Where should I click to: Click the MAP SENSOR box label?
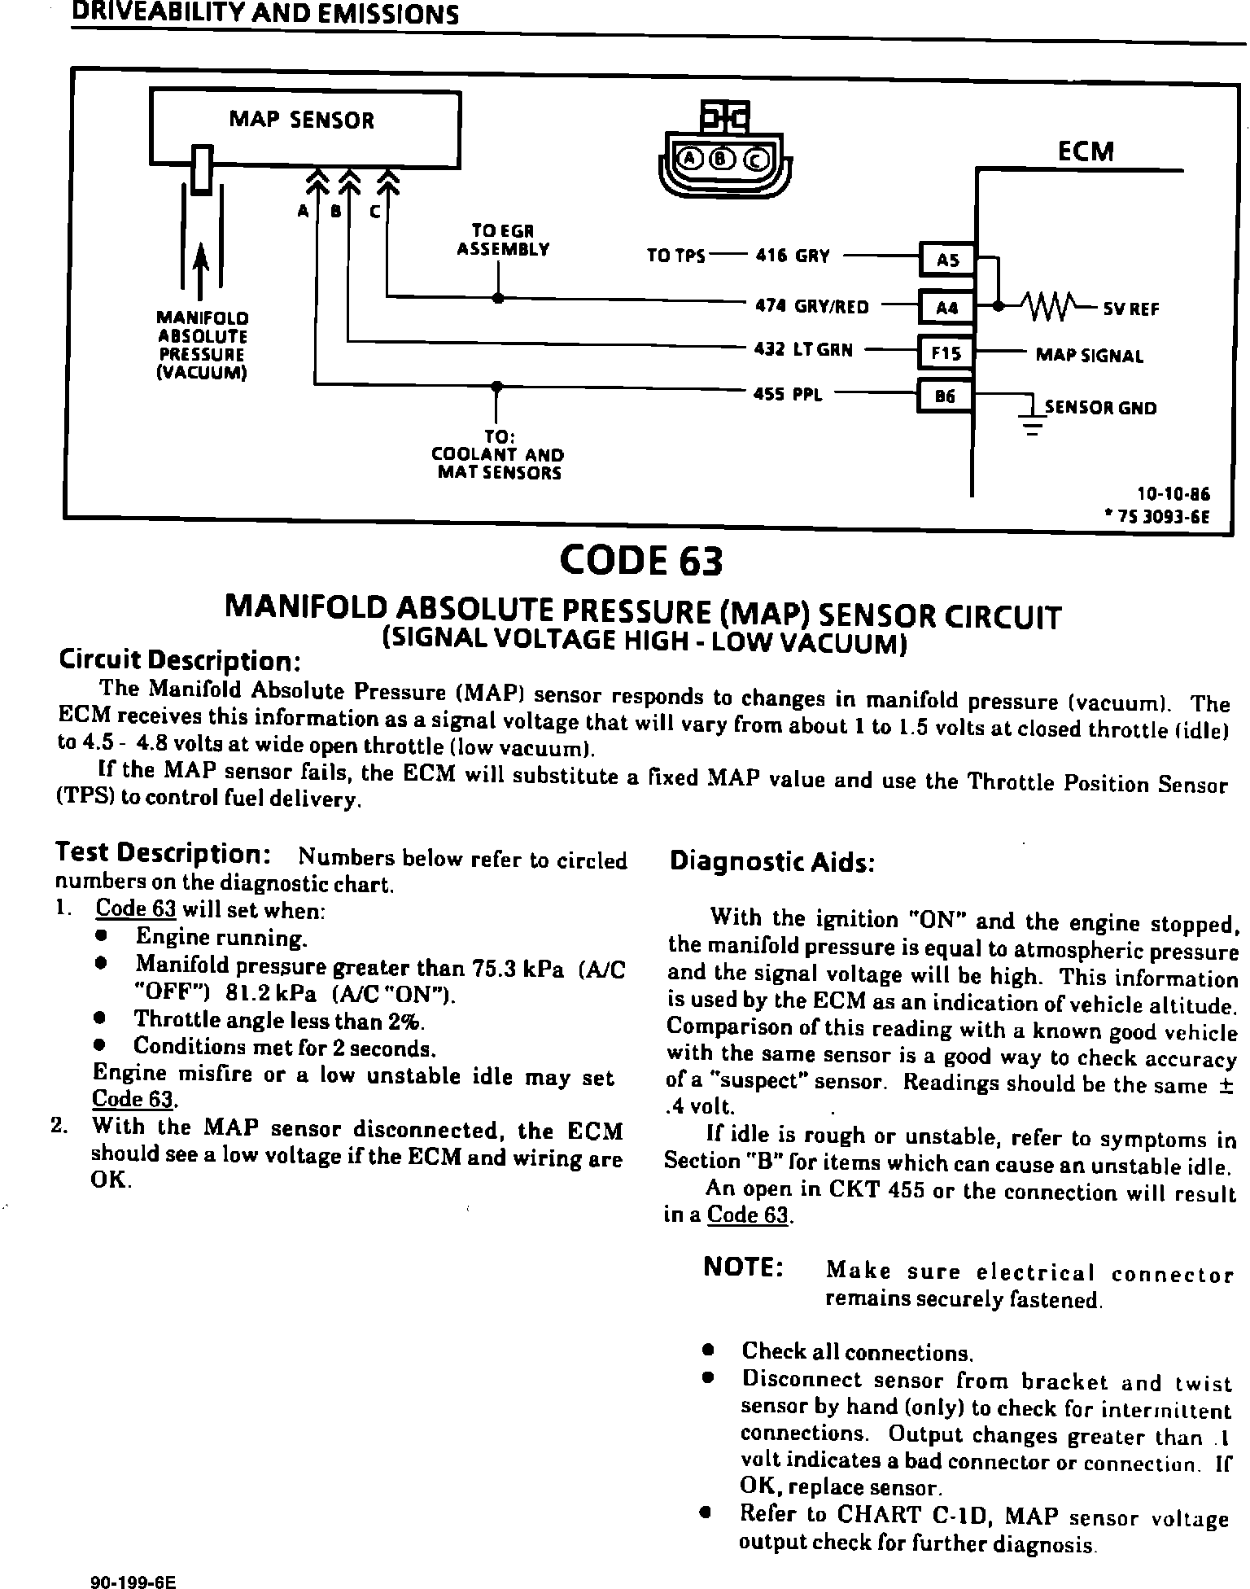(x=301, y=120)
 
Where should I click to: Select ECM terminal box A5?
(x=946, y=260)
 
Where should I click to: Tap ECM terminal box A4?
(x=946, y=308)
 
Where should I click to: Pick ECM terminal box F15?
(x=946, y=353)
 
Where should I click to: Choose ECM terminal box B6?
(x=945, y=397)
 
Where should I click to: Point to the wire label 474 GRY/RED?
(x=811, y=307)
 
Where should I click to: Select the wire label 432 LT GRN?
(x=803, y=350)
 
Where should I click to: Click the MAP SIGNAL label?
(x=1089, y=356)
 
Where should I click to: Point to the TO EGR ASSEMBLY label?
(x=503, y=240)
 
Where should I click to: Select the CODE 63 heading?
(x=640, y=561)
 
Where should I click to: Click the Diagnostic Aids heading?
(x=771, y=862)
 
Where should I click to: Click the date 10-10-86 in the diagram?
(x=1173, y=494)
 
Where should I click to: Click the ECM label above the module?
(x=1085, y=152)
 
